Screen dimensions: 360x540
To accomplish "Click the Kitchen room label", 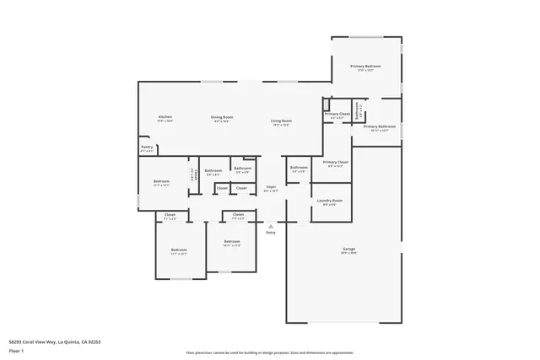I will tap(165, 117).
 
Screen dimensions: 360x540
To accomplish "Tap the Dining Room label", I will tap(222, 117).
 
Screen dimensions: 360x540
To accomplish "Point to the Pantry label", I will tap(147, 148).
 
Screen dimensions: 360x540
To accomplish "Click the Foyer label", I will tap(271, 186).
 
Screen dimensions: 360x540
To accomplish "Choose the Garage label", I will tap(348, 249).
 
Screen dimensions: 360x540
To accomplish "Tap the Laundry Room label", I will tap(329, 201).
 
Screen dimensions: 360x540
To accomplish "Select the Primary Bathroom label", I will tap(379, 126).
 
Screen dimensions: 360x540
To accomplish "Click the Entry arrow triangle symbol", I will tap(271, 226).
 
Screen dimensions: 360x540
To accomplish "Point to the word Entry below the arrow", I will tap(271, 232).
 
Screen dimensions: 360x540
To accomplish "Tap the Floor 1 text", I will tap(16, 350).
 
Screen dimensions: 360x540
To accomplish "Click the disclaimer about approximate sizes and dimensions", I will tap(270, 352).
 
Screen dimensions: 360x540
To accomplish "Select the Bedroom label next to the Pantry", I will tap(161, 181).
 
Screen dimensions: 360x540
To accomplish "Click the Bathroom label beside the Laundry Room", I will tap(299, 167).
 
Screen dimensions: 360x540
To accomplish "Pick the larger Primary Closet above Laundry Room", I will tap(335, 162).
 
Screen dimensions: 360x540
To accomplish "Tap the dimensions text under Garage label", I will tap(348, 253).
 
